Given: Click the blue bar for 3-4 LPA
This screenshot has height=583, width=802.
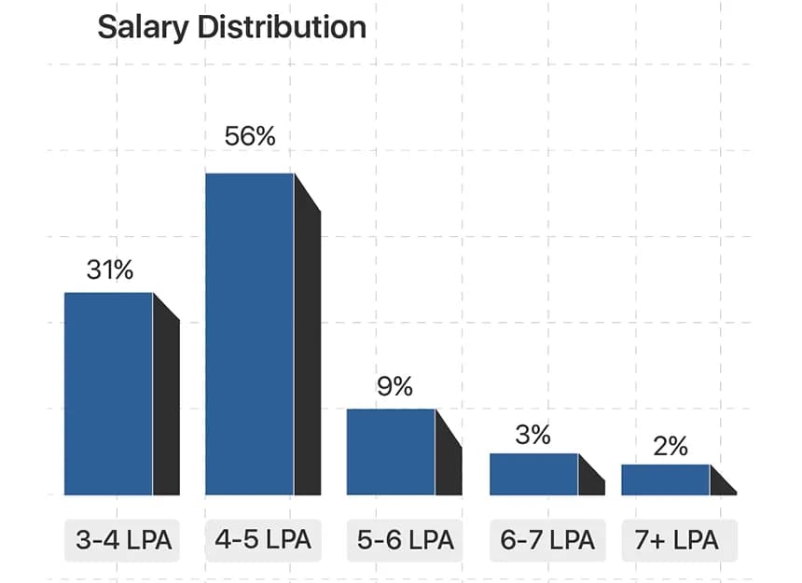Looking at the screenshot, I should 108,394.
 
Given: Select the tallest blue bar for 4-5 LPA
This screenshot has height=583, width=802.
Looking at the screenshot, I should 250,334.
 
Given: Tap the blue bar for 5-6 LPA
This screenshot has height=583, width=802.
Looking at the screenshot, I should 391,451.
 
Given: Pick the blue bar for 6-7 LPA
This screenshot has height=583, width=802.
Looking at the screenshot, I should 533,474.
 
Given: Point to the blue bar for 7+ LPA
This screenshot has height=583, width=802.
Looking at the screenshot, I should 666,479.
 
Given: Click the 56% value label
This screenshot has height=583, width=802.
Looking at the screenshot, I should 250,136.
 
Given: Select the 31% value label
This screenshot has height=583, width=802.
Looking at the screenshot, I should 109,271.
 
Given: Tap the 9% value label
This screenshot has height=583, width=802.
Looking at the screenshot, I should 394,387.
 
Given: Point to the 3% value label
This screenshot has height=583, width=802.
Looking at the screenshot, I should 532,435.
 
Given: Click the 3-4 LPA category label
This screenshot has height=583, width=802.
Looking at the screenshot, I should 124,540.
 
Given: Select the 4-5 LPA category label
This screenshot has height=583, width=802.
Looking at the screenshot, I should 263,540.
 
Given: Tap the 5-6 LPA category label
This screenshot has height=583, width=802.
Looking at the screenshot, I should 406,540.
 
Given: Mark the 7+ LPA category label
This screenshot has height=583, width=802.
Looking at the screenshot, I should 678,540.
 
